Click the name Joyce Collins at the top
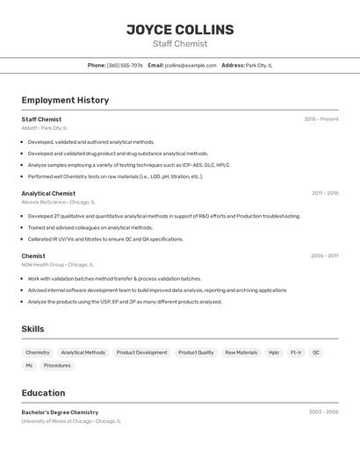(x=180, y=30)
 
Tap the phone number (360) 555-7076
(x=125, y=65)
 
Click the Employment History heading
(x=65, y=100)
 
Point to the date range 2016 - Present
(x=321, y=119)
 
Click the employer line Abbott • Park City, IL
(x=44, y=128)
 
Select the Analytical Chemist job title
(x=48, y=193)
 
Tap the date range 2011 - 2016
(x=325, y=193)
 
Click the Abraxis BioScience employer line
(x=57, y=202)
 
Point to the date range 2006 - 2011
(x=324, y=256)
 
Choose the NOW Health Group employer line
(x=57, y=265)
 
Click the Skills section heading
(x=32, y=329)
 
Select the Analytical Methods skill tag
(x=83, y=353)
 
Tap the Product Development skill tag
(x=141, y=353)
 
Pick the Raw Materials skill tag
(x=241, y=353)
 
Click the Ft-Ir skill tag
(x=296, y=353)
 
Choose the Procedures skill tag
(x=57, y=366)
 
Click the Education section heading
(x=43, y=393)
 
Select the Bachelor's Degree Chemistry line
(x=60, y=412)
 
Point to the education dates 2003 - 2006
(x=323, y=411)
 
